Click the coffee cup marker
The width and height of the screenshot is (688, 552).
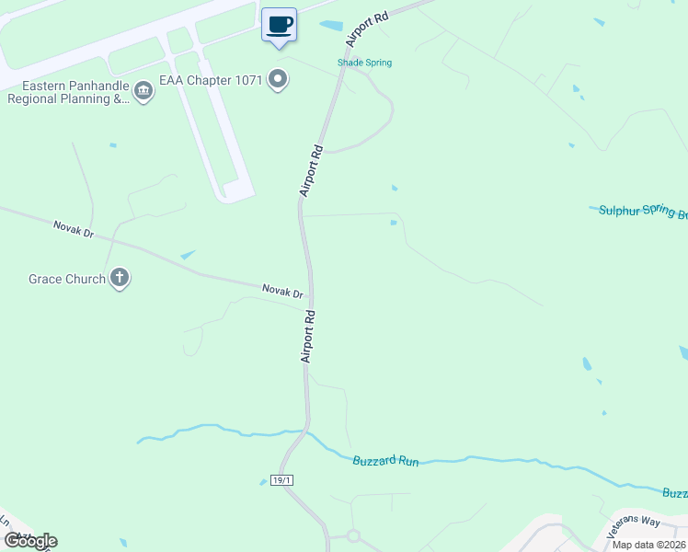[x=280, y=25]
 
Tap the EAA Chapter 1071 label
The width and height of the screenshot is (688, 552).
[x=212, y=81]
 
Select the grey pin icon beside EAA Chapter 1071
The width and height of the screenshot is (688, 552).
[x=279, y=81]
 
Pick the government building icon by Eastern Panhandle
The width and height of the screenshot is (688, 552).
[x=143, y=91]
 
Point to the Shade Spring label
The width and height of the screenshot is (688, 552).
[x=364, y=63]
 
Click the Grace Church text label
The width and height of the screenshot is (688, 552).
[x=67, y=279]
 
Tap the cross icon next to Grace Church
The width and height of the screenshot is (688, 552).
[x=119, y=278]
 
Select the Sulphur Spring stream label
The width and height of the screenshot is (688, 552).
[x=643, y=212]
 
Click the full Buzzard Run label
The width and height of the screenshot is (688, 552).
[x=385, y=460]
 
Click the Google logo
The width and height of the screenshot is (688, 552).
[x=30, y=541]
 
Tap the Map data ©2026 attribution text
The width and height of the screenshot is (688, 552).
[x=648, y=545]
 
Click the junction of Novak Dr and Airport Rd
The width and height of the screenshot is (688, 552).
[x=311, y=300]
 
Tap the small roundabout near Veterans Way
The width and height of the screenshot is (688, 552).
[x=352, y=535]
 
